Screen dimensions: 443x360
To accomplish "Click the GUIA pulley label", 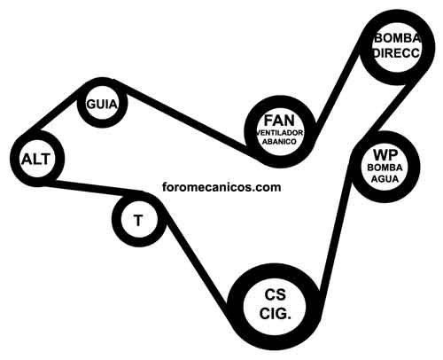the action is [102, 104].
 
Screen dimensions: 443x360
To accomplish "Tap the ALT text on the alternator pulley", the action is [35, 160].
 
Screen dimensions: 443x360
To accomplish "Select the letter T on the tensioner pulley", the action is [138, 221].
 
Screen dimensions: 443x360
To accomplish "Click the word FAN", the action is [279, 121].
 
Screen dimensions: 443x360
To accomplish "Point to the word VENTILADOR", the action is [280, 133].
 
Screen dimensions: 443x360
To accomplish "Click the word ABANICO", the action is [279, 142].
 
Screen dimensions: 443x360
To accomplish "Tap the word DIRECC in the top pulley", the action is [397, 52].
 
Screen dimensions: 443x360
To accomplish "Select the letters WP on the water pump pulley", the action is [385, 154].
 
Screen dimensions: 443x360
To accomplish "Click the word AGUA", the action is [385, 179].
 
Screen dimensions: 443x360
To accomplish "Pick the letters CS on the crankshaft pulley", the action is [276, 294].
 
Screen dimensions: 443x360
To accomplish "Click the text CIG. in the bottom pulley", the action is [276, 313].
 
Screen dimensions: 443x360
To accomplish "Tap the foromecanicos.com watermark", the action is [221, 187].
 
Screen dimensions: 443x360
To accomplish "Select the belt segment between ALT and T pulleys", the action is [91, 188].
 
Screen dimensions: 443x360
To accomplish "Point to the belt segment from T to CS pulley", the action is [196, 260].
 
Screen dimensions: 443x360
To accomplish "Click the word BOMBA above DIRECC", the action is [397, 39].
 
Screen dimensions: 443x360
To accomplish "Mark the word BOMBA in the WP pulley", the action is [385, 168].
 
